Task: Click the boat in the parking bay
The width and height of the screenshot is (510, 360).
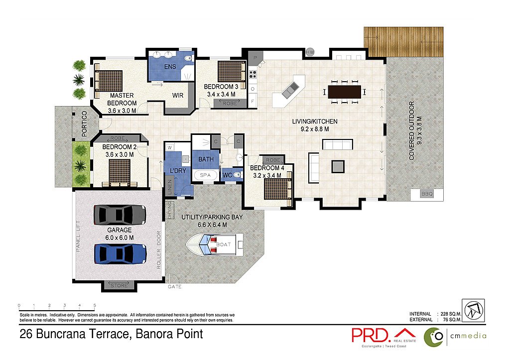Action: tap(214, 244)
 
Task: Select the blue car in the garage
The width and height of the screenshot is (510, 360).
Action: tap(120, 253)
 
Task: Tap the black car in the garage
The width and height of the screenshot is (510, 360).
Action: tap(120, 215)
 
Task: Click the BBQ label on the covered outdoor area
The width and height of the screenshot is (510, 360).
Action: tap(427, 194)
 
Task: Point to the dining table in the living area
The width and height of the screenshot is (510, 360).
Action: tap(344, 92)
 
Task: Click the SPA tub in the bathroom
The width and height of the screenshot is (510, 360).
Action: tap(205, 175)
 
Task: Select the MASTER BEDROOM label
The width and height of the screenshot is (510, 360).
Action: tap(122, 99)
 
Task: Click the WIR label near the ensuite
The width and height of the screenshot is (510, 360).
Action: tap(179, 95)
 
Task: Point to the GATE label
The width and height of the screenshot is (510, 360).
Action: tap(174, 287)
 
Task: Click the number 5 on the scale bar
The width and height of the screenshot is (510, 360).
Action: tap(95, 304)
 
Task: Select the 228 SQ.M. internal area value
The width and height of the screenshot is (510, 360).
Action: tap(451, 314)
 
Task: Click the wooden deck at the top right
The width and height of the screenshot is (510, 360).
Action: tap(403, 42)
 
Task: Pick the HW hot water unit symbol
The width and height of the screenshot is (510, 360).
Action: tap(310, 52)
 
